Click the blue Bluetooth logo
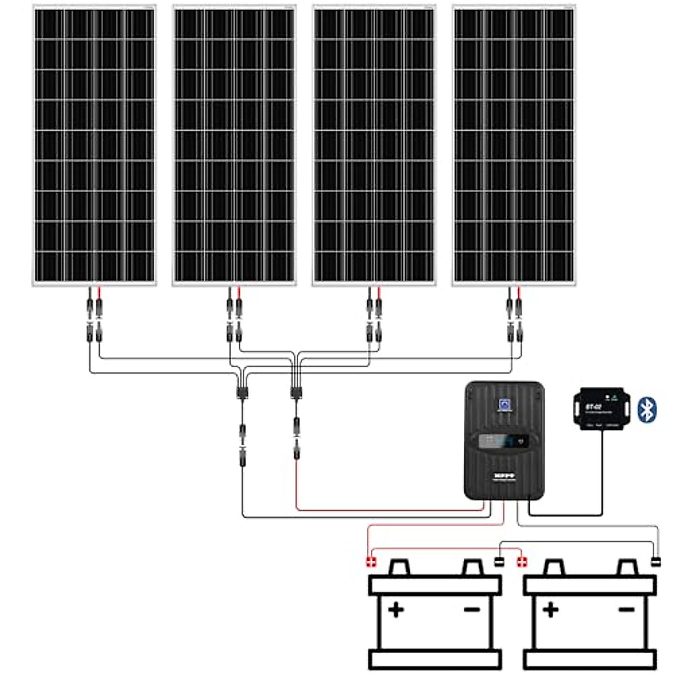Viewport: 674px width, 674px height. (648, 409)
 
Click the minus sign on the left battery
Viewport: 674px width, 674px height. (472, 609)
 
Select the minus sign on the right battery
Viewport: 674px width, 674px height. (626, 609)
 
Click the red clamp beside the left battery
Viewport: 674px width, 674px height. (371, 562)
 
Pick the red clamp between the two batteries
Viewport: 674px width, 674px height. (522, 562)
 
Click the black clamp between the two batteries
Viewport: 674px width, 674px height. (499, 562)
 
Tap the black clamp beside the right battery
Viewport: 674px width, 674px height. (655, 562)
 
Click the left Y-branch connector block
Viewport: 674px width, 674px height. (242, 391)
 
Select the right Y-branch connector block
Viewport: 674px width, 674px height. (295, 391)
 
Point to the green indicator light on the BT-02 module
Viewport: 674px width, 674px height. (614, 398)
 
